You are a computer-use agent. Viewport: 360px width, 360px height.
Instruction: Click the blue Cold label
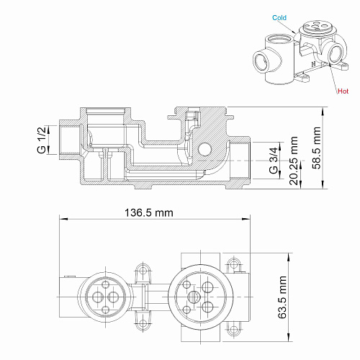tap(279, 18)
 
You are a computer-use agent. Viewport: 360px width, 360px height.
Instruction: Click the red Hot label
tap(343, 91)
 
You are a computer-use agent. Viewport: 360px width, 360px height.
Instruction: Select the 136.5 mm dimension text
tap(149, 212)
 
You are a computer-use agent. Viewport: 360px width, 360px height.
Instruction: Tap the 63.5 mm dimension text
tap(282, 297)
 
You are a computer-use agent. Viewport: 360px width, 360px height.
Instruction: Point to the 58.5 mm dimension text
tap(317, 148)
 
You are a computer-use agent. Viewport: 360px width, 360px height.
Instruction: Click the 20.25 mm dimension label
tap(294, 161)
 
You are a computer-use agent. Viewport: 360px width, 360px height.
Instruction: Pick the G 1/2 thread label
tap(42, 140)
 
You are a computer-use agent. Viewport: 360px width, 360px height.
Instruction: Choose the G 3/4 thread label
tap(274, 161)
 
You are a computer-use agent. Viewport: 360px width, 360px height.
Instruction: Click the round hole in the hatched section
tap(204, 149)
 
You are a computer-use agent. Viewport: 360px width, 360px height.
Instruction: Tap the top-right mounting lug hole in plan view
tap(233, 264)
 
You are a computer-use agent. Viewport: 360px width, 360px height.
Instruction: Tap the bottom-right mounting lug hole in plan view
tap(233, 329)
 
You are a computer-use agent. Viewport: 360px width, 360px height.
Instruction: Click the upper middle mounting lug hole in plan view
tap(143, 271)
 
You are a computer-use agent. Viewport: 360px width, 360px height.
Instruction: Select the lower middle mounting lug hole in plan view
tap(143, 323)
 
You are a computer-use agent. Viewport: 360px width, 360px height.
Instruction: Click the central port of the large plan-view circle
tap(194, 297)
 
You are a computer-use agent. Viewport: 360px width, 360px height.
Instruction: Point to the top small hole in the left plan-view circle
tap(106, 285)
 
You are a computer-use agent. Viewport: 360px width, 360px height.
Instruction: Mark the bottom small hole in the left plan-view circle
tap(106, 310)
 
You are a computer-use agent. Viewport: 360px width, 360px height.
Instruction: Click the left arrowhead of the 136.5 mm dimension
tap(63, 219)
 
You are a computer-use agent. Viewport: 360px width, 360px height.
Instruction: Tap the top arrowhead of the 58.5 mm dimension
tap(323, 111)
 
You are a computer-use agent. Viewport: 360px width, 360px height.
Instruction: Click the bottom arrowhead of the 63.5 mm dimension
tap(289, 337)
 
